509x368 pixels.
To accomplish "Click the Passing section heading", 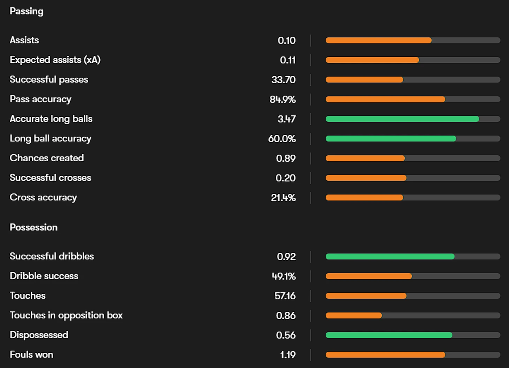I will pos(26,11).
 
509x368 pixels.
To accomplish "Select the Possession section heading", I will pos(33,228).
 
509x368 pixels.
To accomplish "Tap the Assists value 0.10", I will pos(287,40).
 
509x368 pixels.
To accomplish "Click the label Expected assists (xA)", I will pos(55,60).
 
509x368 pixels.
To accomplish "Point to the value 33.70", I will pos(283,80).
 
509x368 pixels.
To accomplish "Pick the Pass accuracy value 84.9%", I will pos(282,99).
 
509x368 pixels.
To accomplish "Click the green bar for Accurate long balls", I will pos(402,119).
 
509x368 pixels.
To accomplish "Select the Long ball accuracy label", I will pos(51,139).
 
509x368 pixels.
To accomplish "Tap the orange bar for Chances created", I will pos(365,159).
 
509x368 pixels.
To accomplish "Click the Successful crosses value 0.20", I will pos(286,178).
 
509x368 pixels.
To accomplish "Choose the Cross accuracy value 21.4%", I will pos(283,198).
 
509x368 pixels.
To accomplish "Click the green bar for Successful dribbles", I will pos(390,257).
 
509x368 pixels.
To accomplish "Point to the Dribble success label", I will pos(44,276).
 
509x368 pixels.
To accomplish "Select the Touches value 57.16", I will pos(285,296).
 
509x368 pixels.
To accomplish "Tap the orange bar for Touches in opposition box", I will pos(354,316).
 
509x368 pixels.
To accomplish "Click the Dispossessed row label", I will pos(39,335).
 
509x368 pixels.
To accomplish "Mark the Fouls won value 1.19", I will pos(288,355).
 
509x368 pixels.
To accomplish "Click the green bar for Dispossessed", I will pos(389,335).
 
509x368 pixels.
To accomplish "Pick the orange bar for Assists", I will pos(378,40).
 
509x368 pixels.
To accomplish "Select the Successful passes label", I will pos(49,79).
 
